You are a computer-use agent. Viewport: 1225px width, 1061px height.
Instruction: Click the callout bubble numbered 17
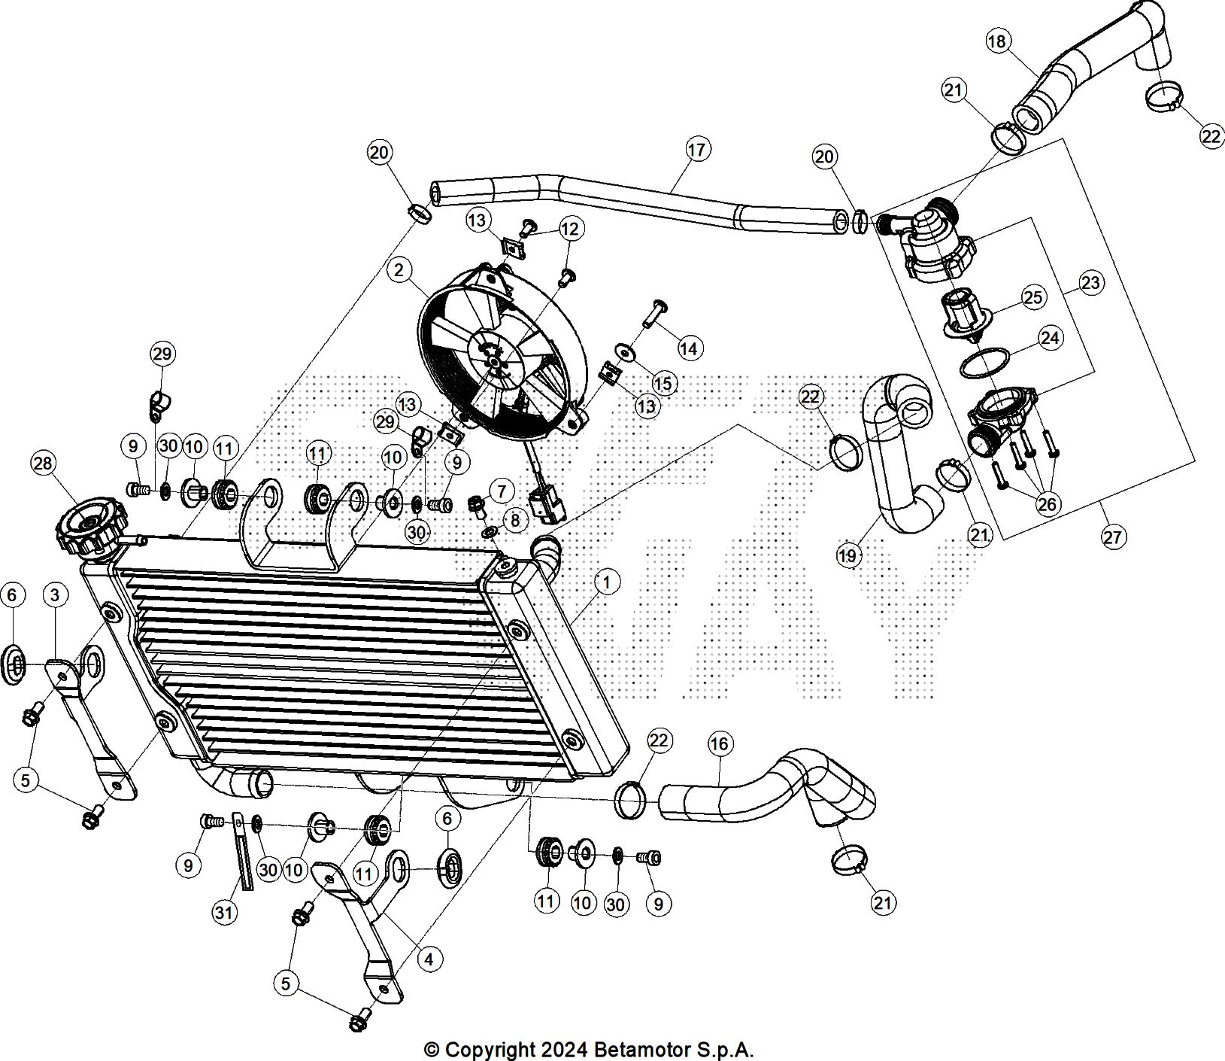pos(697,150)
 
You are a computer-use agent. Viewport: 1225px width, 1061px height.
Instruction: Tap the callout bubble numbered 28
pos(43,463)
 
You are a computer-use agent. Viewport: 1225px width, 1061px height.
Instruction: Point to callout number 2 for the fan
pos(399,269)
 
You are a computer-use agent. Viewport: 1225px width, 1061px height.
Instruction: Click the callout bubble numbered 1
pos(606,582)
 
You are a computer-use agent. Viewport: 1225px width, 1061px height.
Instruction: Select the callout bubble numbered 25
pos(1033,297)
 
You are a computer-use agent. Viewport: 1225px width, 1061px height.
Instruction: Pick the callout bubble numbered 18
pos(997,41)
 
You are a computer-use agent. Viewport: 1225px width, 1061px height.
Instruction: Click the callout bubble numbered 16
pos(719,744)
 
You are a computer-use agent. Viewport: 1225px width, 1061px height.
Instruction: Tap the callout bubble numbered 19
pos(847,556)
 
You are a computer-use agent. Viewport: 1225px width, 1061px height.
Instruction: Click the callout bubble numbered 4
pos(429,959)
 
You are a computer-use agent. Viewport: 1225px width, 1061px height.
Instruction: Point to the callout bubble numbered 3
pos(54,595)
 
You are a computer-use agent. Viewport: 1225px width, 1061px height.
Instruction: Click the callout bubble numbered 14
pos(688,348)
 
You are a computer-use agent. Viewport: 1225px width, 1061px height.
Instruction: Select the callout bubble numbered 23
pos(1090,283)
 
